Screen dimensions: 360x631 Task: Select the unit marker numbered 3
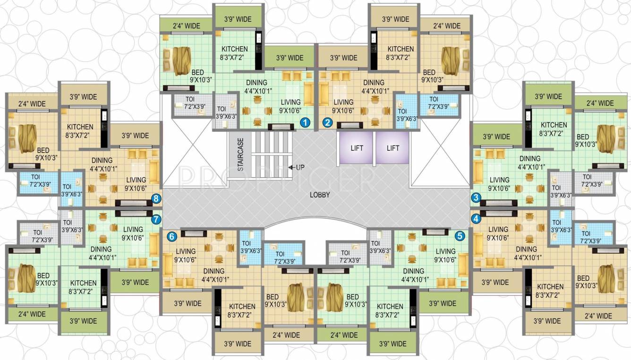476,197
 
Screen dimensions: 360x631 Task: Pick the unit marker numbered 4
476,219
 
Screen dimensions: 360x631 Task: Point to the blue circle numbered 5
460,235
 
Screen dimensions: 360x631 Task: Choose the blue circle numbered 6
172,235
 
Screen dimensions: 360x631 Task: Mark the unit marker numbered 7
156,219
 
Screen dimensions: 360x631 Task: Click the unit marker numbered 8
156,198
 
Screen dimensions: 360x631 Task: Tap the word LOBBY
320,195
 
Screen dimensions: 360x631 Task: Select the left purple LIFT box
357,148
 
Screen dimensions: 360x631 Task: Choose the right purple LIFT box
393,148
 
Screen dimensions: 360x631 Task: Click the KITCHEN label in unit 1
234,49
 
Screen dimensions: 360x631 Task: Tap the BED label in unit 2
429,73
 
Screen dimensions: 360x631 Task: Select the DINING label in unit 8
102,160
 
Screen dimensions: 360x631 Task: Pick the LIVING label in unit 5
445,251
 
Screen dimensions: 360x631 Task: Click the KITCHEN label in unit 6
242,306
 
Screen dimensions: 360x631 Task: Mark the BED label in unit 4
583,278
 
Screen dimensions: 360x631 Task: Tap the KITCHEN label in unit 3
554,125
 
